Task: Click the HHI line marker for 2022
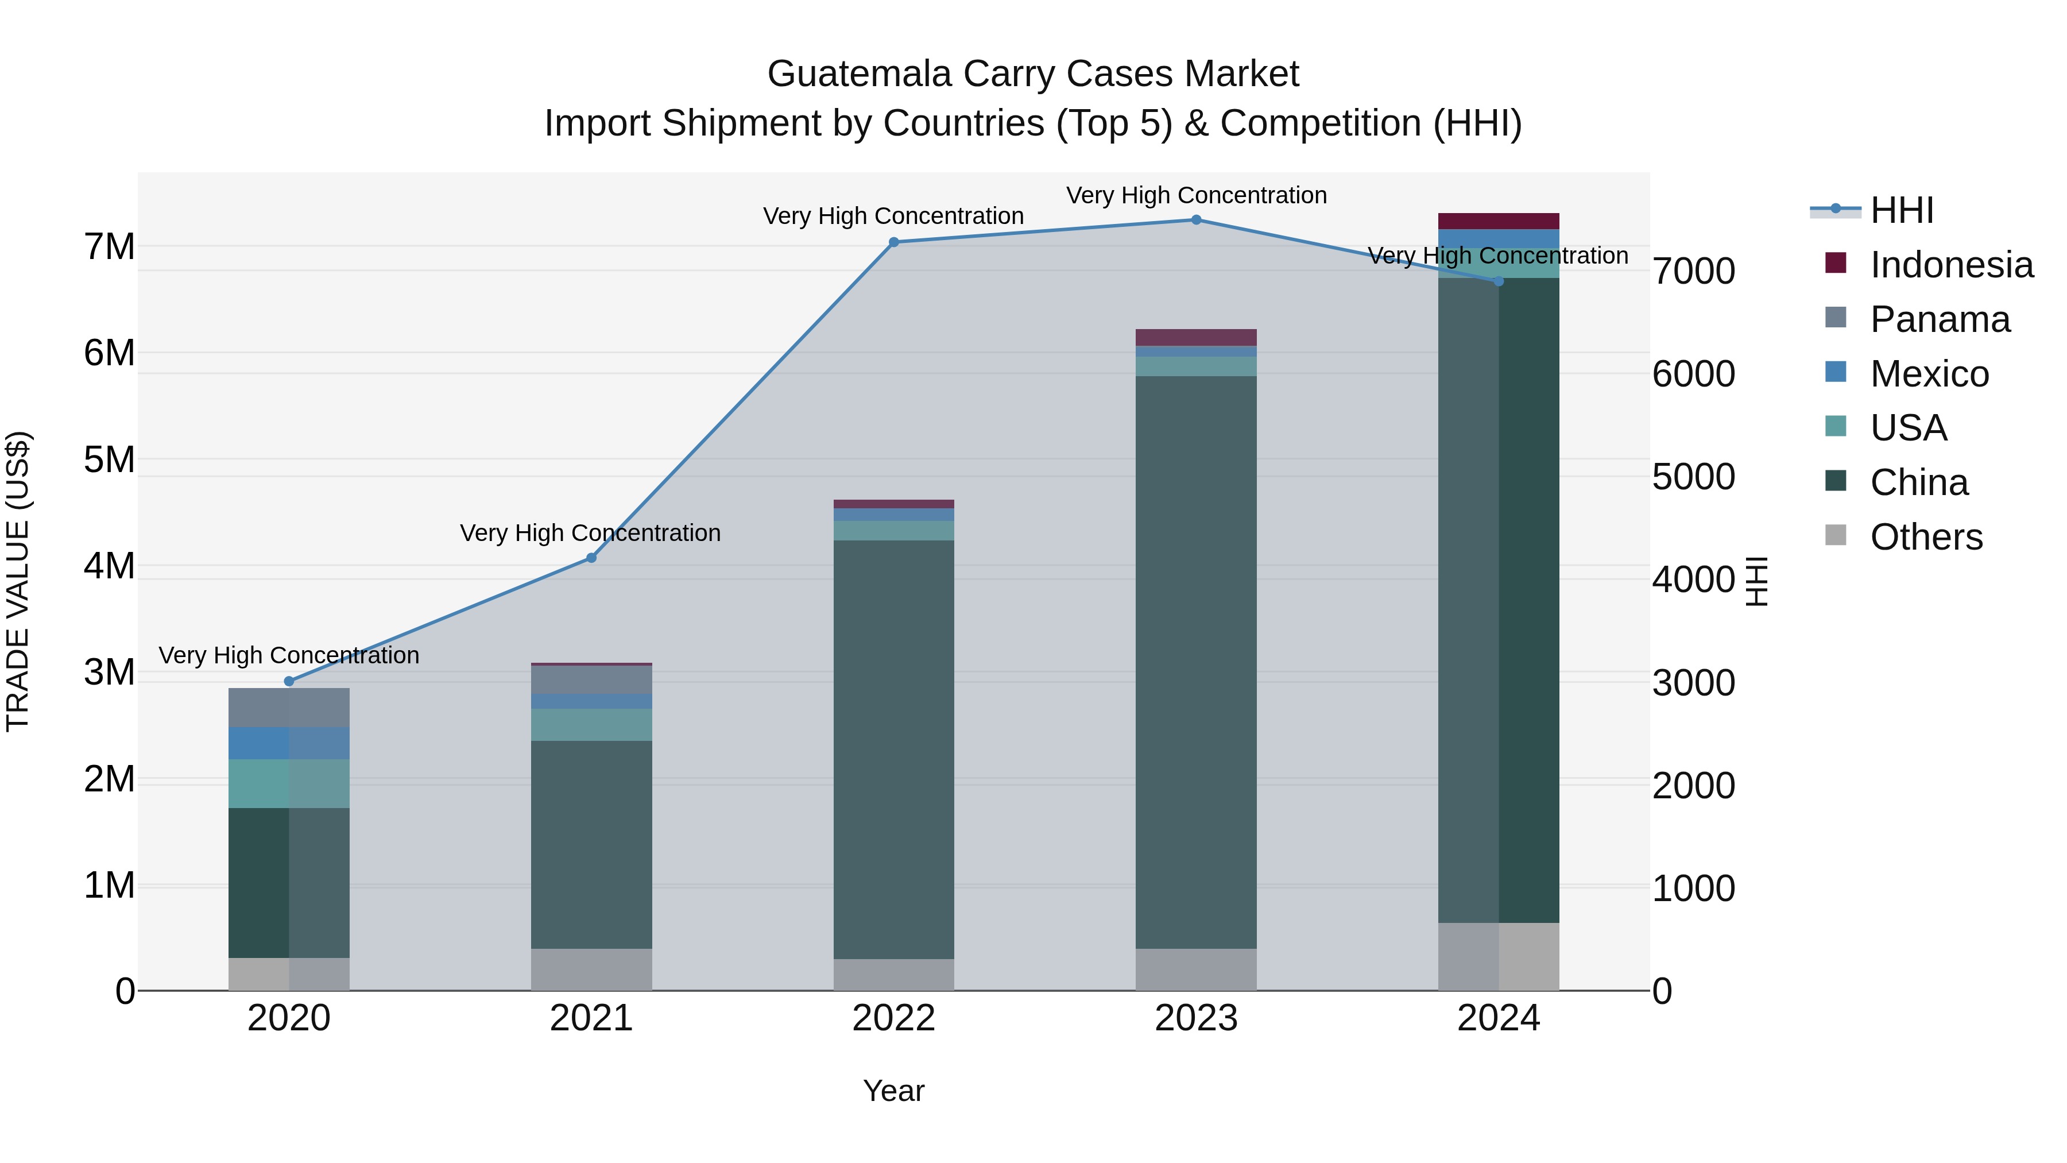(x=894, y=242)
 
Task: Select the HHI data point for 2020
(x=289, y=681)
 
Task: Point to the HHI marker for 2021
(x=591, y=557)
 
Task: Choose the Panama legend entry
(x=1940, y=319)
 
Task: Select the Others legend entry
(x=1926, y=537)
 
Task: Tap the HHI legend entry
(x=1901, y=210)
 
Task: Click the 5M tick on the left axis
(x=109, y=460)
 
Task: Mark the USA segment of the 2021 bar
(x=591, y=724)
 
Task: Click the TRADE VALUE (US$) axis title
(x=18, y=581)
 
